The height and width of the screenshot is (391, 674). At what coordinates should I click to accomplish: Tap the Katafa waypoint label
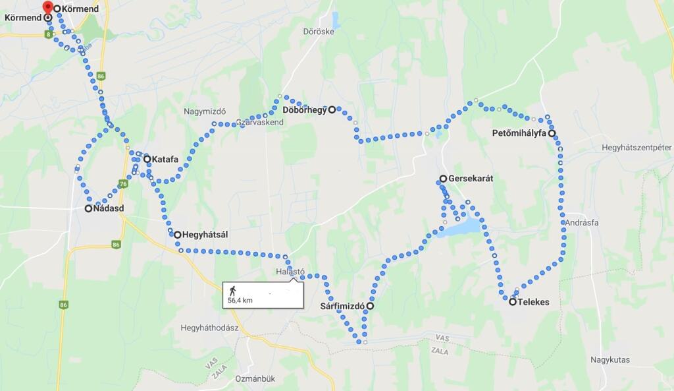tap(165, 159)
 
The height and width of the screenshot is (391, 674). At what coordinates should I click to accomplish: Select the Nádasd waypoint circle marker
tap(88, 208)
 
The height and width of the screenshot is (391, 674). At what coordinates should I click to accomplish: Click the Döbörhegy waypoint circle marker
tap(332, 109)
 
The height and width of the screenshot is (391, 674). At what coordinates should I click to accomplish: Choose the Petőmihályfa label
tap(519, 133)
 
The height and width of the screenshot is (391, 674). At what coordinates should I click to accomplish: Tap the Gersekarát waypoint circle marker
tap(444, 179)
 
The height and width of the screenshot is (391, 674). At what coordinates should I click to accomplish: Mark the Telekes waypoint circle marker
tap(513, 301)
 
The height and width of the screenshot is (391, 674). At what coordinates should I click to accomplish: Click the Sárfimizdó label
tap(342, 306)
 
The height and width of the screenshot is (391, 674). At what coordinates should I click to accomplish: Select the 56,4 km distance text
tap(240, 301)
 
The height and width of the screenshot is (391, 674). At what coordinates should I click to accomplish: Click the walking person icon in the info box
tap(232, 290)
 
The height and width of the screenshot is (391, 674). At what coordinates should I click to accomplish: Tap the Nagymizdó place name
tap(205, 111)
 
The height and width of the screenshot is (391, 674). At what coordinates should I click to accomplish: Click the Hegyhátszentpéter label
tap(636, 147)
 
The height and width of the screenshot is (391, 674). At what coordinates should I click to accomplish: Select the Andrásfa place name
tap(581, 223)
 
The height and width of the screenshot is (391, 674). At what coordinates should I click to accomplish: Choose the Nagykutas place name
tap(609, 360)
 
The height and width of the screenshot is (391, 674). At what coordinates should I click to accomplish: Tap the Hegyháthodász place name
tap(209, 328)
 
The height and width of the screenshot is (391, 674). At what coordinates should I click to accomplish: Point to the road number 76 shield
tap(123, 183)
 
